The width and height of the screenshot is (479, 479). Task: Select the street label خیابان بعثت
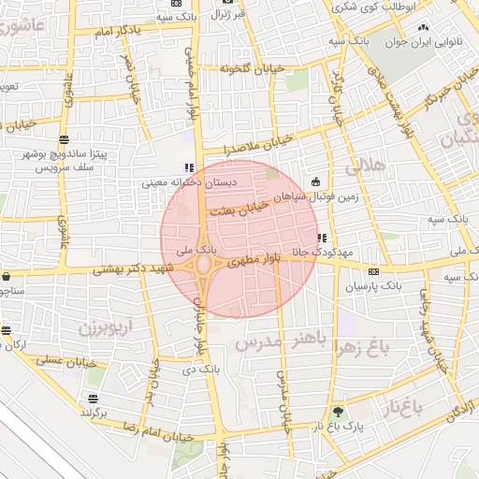point(239,209)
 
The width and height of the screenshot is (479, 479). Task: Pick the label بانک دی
point(203,370)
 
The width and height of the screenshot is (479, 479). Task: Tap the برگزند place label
point(93,411)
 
